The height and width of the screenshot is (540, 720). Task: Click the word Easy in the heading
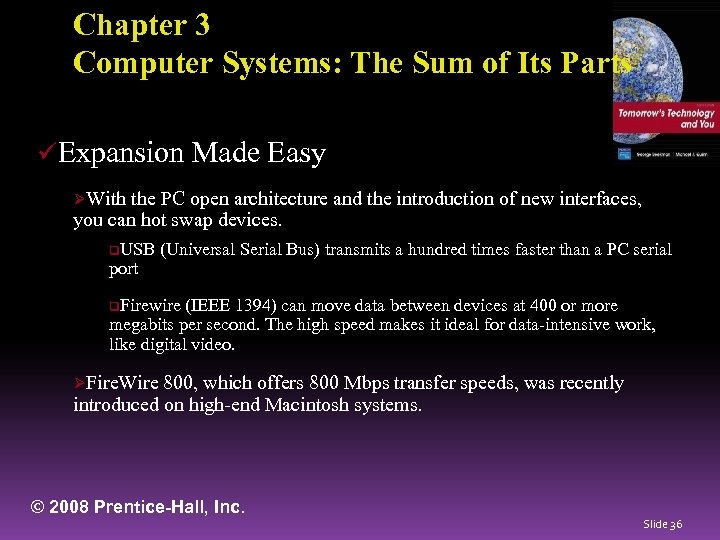[297, 153]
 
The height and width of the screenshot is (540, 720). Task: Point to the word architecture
[280, 199]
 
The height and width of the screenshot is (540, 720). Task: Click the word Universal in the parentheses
[206, 249]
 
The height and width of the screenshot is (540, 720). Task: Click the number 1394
[259, 305]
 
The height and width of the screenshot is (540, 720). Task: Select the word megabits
[144, 325]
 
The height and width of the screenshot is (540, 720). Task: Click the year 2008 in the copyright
[68, 507]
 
